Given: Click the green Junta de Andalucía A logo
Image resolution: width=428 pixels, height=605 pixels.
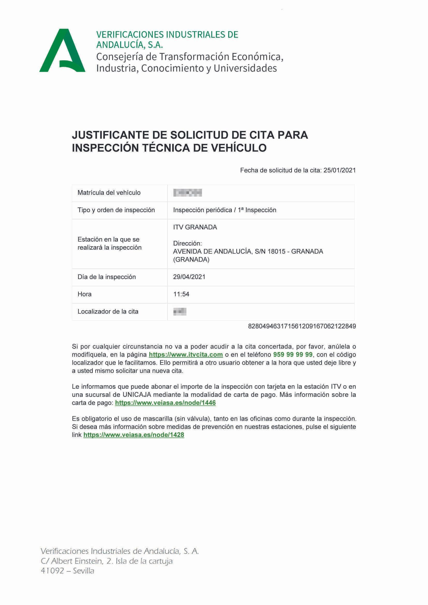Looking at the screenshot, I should point(62,51).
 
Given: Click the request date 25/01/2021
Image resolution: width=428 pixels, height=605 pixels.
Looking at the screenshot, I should point(339,170).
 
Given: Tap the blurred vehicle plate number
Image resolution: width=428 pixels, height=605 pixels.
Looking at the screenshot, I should point(188,193).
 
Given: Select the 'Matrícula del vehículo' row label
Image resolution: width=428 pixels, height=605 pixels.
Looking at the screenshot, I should point(109,193).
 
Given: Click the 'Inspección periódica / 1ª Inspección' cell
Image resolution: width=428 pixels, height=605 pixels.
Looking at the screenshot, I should point(224,210).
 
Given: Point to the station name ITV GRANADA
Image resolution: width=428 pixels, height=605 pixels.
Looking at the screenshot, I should point(195,227).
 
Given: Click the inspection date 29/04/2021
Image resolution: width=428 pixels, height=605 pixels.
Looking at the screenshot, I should point(189,277).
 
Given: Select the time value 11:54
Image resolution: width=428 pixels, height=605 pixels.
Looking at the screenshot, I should point(181,294).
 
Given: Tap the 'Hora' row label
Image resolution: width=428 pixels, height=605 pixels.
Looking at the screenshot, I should point(85,294).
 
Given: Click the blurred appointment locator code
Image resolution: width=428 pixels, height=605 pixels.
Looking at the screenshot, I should point(180,312).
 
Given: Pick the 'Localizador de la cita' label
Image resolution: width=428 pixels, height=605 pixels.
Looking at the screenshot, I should point(108,312).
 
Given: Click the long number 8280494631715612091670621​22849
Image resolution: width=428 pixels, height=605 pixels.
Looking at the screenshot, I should point(302,326).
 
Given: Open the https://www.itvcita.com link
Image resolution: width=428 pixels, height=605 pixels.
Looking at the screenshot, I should point(186,355).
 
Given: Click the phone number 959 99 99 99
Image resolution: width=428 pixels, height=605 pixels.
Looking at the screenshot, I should point(293,355).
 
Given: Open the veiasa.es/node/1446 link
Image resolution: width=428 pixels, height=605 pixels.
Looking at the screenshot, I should point(165,403).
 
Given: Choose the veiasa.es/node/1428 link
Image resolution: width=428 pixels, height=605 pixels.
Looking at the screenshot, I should point(134,435).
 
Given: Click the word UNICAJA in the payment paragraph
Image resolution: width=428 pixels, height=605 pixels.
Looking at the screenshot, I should point(137,395).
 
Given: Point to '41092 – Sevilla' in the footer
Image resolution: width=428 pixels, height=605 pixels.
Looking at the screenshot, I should point(67,571).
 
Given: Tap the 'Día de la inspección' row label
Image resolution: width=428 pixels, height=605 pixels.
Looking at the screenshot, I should point(106,277).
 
